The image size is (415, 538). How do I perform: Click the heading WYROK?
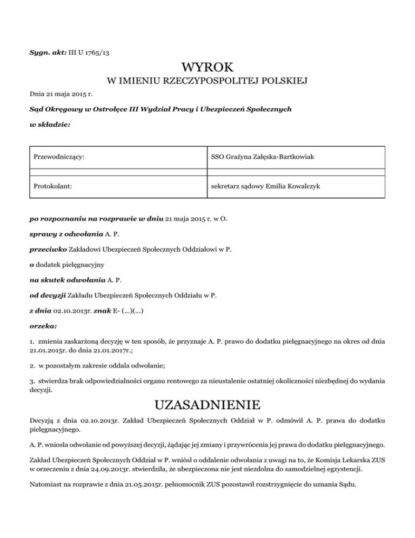pos(207,68)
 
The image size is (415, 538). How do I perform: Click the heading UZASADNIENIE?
pos(207,405)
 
